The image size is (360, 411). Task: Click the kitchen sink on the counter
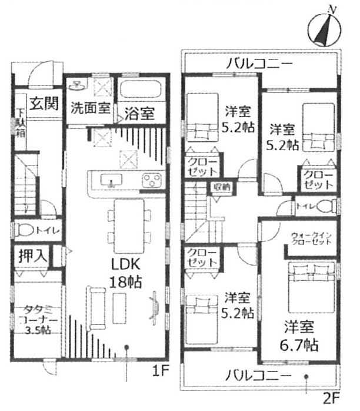click(x=109, y=180)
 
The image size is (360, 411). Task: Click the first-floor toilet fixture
click(x=27, y=230)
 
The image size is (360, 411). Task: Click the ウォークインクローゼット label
click(x=312, y=240)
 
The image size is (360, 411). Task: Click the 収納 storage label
click(x=222, y=186)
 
